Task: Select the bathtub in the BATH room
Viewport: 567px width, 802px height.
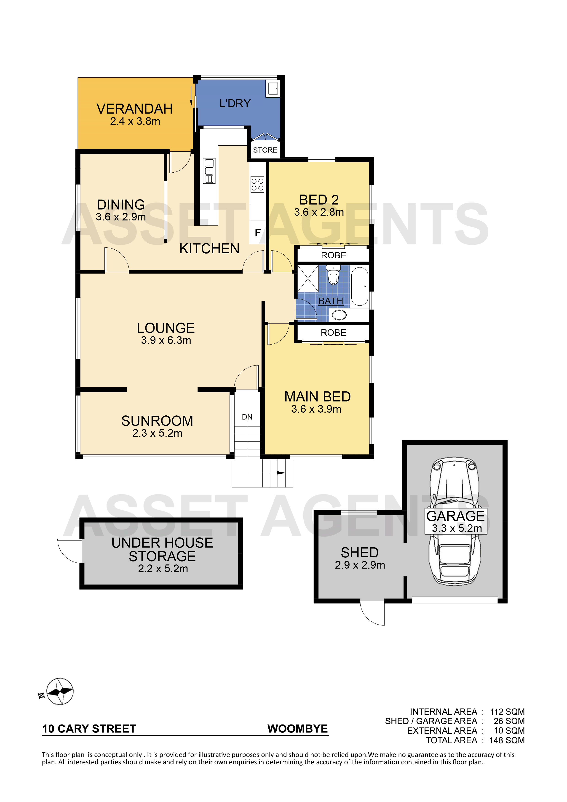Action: tap(359, 287)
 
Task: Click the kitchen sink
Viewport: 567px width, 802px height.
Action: tap(209, 171)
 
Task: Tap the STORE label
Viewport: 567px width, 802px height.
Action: tap(265, 150)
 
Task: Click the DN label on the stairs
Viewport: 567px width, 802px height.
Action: tap(247, 417)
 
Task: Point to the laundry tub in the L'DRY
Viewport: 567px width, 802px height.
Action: tap(273, 89)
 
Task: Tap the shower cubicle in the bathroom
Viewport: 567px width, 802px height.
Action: tap(308, 278)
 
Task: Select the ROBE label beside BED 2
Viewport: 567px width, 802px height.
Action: tap(334, 255)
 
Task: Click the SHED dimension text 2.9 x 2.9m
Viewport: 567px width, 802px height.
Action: tap(360, 565)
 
